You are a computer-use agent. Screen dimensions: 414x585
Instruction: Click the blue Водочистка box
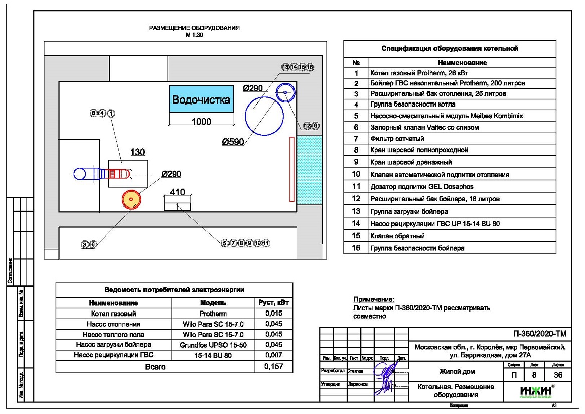[x=201, y=99]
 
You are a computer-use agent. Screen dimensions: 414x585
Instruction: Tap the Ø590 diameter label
[x=233, y=142]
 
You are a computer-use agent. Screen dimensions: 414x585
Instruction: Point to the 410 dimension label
[x=178, y=192]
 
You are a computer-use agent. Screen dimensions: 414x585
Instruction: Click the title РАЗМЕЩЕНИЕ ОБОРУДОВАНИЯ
[x=194, y=28]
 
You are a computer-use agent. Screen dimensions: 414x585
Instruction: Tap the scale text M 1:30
[x=195, y=35]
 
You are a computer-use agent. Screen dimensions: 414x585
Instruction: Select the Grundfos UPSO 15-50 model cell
[x=213, y=345]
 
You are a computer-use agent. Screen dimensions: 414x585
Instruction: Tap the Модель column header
[x=213, y=303]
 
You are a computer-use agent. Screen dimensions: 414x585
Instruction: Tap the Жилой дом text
[x=457, y=372]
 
